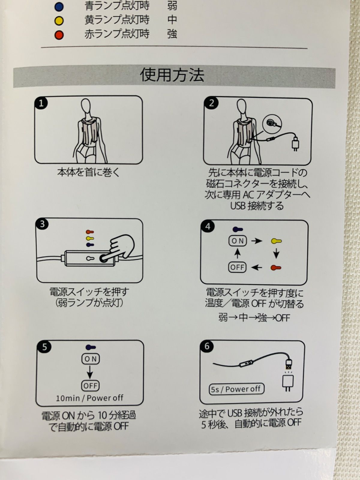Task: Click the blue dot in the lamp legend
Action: (59, 7)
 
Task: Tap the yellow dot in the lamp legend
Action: (59, 21)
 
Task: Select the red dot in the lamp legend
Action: (59, 35)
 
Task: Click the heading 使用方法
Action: (172, 75)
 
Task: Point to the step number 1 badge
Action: (41, 103)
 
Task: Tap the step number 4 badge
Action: (208, 226)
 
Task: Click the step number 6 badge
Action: (207, 346)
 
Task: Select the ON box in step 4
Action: (238, 241)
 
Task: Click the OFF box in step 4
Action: (237, 267)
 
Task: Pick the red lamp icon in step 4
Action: (276, 267)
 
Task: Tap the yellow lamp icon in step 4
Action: (276, 241)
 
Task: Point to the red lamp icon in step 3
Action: (90, 232)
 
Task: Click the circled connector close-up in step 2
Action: (272, 124)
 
